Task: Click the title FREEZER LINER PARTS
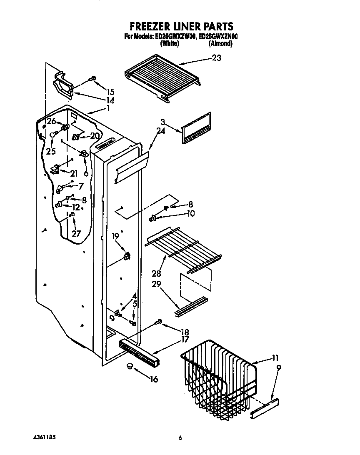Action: (180, 27)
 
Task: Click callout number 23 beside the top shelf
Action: (216, 58)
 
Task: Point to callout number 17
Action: (185, 340)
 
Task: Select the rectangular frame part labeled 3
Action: (196, 128)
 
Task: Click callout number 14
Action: (110, 100)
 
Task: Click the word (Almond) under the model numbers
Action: (220, 43)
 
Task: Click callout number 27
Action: (76, 233)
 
